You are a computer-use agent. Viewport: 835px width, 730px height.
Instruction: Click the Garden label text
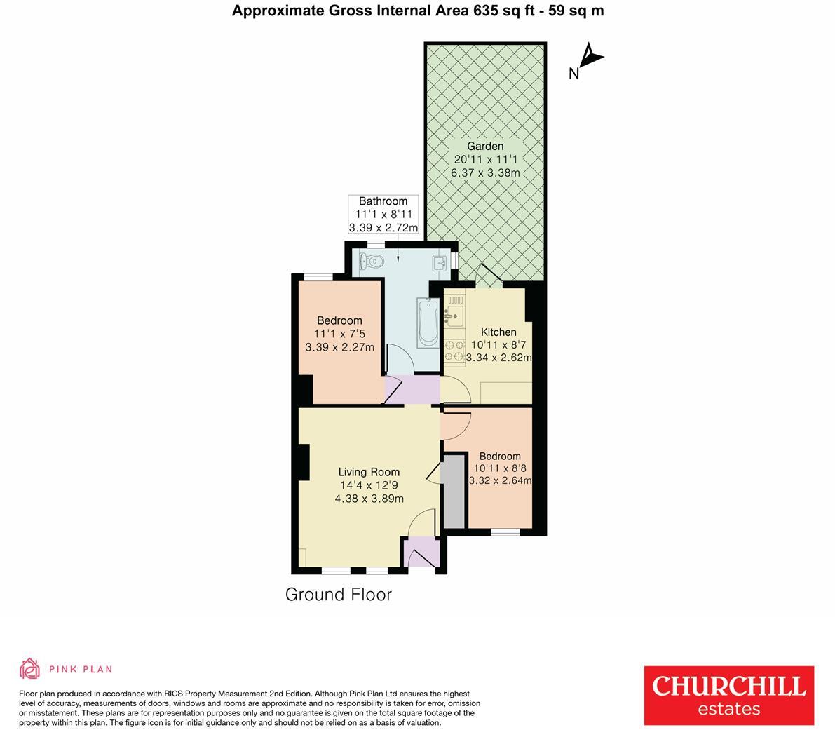pyautogui.click(x=485, y=147)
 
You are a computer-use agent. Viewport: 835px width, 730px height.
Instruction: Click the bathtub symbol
pyautogui.click(x=427, y=322)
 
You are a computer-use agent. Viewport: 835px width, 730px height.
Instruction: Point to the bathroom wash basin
pyautogui.click(x=440, y=263)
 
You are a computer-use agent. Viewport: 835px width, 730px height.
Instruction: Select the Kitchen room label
pyautogui.click(x=498, y=332)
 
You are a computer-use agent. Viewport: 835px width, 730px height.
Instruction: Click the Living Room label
pyautogui.click(x=369, y=472)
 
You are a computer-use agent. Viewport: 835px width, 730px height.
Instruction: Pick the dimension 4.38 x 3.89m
pyautogui.click(x=369, y=499)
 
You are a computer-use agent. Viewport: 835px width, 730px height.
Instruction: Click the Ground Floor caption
pyautogui.click(x=338, y=595)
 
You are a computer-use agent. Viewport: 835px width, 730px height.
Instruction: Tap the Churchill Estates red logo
pyautogui.click(x=729, y=695)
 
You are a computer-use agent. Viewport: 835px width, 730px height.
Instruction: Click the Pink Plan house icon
pyautogui.click(x=29, y=669)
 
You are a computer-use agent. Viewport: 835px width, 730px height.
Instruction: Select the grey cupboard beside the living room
pyautogui.click(x=454, y=492)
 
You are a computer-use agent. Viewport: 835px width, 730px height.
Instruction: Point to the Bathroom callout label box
pyautogui.click(x=383, y=214)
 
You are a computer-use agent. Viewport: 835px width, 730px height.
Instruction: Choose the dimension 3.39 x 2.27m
pyautogui.click(x=340, y=347)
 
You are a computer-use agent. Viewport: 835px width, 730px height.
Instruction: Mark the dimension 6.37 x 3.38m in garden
pyautogui.click(x=485, y=173)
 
